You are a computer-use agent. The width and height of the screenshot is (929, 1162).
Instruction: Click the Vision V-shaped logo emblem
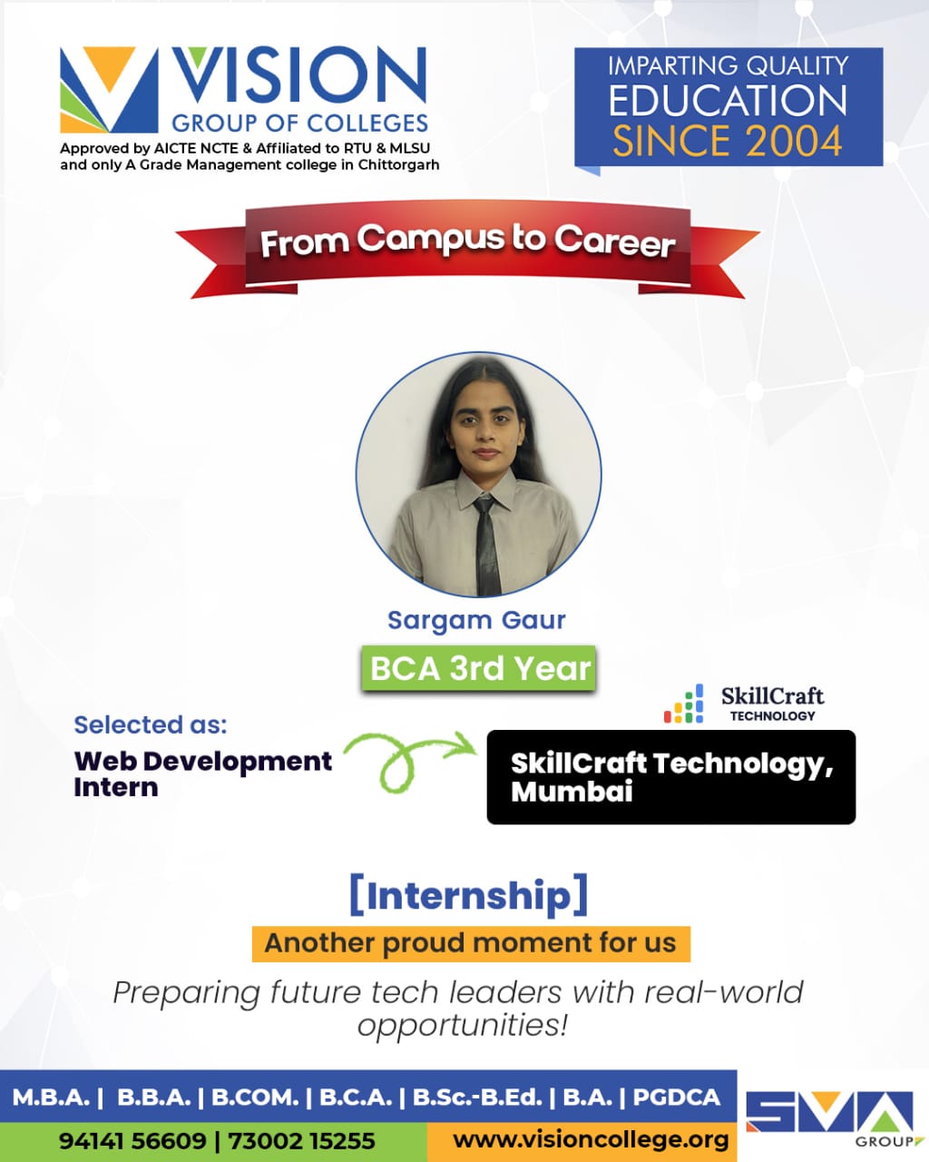[x=109, y=90]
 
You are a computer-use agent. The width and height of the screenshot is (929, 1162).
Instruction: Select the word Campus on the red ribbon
[x=430, y=240]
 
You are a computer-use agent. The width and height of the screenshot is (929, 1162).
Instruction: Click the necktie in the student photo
[x=487, y=546]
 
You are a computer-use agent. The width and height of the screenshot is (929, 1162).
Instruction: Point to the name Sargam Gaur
[x=476, y=620]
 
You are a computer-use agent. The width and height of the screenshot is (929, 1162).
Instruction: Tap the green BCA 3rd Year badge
[x=478, y=668]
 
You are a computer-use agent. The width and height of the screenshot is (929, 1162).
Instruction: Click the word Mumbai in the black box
[x=572, y=793]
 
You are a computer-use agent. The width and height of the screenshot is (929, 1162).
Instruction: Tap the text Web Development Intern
[x=202, y=773]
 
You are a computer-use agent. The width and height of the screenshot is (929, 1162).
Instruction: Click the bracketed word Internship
[x=468, y=895]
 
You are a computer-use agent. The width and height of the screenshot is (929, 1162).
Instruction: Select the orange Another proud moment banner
[x=471, y=944]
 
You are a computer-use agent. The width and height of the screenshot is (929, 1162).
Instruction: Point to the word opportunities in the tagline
[x=462, y=1024]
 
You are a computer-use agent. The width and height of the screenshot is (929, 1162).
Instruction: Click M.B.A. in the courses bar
[x=51, y=1098]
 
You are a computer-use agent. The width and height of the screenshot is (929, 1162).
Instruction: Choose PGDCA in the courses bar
[x=677, y=1098]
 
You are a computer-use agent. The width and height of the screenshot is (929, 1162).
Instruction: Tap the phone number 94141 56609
[x=132, y=1141]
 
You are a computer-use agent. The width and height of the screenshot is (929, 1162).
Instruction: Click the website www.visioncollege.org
[x=591, y=1140]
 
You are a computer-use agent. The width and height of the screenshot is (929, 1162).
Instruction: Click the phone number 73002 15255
[x=301, y=1141]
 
